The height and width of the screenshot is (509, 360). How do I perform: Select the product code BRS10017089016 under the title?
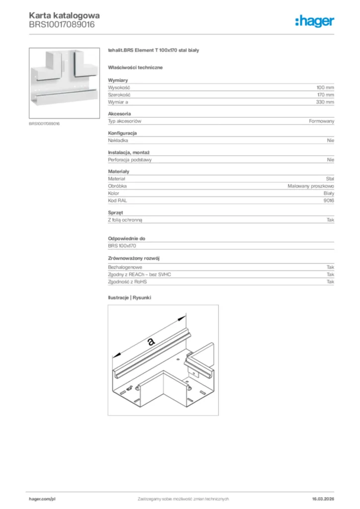[62, 24]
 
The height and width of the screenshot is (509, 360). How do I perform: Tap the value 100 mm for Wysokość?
[325, 87]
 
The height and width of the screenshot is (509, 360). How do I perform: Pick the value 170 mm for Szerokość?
[325, 94]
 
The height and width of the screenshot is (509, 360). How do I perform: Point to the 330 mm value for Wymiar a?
[325, 102]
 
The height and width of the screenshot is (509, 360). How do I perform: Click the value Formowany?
[322, 121]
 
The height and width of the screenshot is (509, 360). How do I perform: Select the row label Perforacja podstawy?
[130, 160]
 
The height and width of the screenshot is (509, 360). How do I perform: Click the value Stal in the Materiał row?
[330, 178]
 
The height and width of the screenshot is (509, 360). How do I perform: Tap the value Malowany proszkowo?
[311, 186]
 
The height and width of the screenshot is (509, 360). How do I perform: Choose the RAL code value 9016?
[329, 200]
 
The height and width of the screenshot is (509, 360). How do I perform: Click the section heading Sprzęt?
[115, 212]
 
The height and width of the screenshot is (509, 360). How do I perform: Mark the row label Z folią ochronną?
[128, 219]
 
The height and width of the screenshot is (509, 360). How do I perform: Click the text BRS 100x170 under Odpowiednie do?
[122, 246]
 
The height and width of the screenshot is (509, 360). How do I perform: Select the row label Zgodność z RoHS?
[127, 281]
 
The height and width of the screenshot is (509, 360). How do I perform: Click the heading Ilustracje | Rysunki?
[129, 297]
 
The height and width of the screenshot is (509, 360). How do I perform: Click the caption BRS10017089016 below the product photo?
[44, 124]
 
